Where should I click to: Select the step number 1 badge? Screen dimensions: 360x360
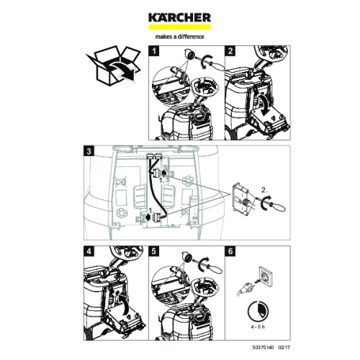pos(153,52)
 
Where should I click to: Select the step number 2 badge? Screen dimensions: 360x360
pos(230,52)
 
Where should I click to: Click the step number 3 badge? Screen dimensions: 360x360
pos(89,151)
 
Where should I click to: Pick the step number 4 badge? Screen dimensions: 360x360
pos(89,252)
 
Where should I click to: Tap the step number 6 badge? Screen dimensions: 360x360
pos(229,252)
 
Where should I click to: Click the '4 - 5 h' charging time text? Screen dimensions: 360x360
pos(257,327)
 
